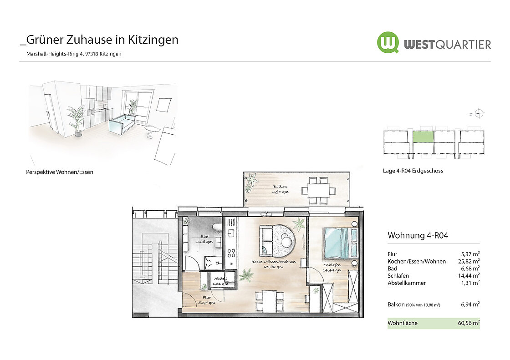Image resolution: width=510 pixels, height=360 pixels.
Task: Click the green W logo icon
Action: point(388,43)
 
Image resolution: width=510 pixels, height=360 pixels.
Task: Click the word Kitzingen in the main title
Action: point(153,40)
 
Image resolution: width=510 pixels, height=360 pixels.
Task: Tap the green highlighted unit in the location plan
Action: point(423,137)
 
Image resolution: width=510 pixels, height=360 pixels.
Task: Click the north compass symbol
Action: point(479,113)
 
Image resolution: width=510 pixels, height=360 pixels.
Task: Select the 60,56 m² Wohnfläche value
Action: point(469,323)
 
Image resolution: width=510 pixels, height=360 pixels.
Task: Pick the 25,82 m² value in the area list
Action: point(469,261)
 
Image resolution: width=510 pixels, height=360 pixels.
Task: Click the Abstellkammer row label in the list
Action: point(407,283)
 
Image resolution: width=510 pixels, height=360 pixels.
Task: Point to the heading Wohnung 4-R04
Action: point(418,235)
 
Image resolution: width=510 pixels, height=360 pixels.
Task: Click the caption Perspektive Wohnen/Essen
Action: point(60,172)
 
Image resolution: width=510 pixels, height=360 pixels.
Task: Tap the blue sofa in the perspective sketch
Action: point(122,125)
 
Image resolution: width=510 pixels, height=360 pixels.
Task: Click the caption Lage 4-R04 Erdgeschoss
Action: point(413,171)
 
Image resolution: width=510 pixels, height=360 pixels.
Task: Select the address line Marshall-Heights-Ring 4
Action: point(55,54)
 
